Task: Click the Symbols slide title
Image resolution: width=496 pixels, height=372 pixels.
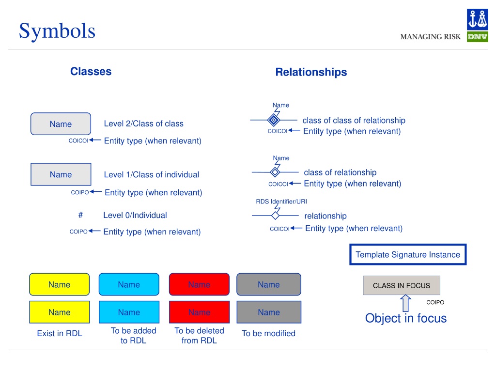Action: pos(57,31)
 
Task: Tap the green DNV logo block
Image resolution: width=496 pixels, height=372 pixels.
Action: pos(477,37)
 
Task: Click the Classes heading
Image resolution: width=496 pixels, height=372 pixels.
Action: pos(91,72)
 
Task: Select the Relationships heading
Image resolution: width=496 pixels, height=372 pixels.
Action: pos(311,72)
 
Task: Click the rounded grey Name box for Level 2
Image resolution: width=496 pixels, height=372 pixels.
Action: pos(61,124)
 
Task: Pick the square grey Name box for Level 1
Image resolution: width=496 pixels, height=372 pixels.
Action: pos(61,174)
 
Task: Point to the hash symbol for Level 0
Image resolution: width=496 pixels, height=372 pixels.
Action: pos(81,215)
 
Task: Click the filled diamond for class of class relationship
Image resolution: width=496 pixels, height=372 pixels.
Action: pos(274,120)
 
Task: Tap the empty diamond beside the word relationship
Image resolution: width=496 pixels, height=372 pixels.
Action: pos(275,216)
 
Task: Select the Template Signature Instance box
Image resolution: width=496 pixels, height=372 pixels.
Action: pos(408,254)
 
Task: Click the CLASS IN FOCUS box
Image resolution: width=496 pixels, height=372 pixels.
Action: pos(402,285)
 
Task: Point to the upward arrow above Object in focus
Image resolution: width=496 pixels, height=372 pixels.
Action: pos(405,303)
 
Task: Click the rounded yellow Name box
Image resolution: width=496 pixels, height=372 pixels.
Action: pos(60,284)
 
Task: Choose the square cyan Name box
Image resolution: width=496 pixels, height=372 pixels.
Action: pos(129,312)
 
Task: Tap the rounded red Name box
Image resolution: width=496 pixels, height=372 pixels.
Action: pos(199,284)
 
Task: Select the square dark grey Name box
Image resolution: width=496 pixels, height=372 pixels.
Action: pos(269,312)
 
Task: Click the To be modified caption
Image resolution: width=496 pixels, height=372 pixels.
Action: pos(268,333)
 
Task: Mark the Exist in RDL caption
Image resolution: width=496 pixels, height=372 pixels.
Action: pos(60,333)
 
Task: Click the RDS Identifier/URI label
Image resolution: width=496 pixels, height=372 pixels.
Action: pos(281,201)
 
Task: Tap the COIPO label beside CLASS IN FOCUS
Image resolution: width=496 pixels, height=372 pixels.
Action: pos(435,302)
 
